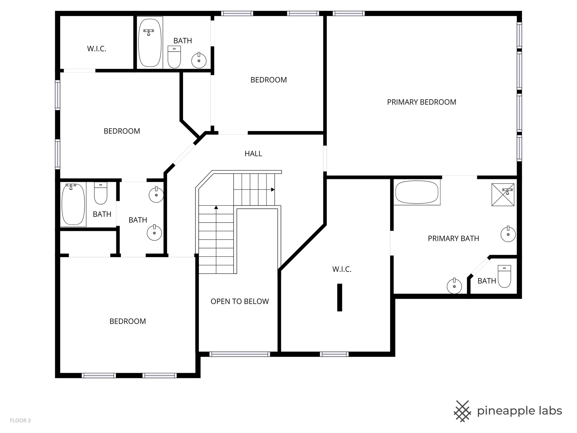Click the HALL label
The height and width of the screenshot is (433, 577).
[253, 154]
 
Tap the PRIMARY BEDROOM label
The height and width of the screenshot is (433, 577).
[422, 102]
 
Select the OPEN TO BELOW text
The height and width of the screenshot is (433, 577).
[240, 302]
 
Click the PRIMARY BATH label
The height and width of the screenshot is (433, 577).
[453, 239]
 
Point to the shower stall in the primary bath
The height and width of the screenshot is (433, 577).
[503, 195]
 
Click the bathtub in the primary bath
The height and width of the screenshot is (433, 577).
[417, 192]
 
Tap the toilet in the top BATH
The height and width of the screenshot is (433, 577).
[174, 57]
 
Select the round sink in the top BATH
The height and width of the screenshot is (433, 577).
[199, 60]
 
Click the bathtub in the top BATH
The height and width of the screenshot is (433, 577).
[150, 43]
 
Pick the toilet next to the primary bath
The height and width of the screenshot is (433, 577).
[504, 276]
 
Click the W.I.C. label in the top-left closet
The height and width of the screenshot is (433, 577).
[97, 49]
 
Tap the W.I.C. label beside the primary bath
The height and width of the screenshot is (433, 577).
[342, 269]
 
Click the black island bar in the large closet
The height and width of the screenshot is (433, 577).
[340, 297]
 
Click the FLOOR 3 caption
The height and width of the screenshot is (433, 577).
[20, 421]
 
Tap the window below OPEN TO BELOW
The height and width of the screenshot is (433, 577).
[240, 354]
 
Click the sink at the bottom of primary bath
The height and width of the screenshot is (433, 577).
[454, 286]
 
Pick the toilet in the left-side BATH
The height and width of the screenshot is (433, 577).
[101, 193]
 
